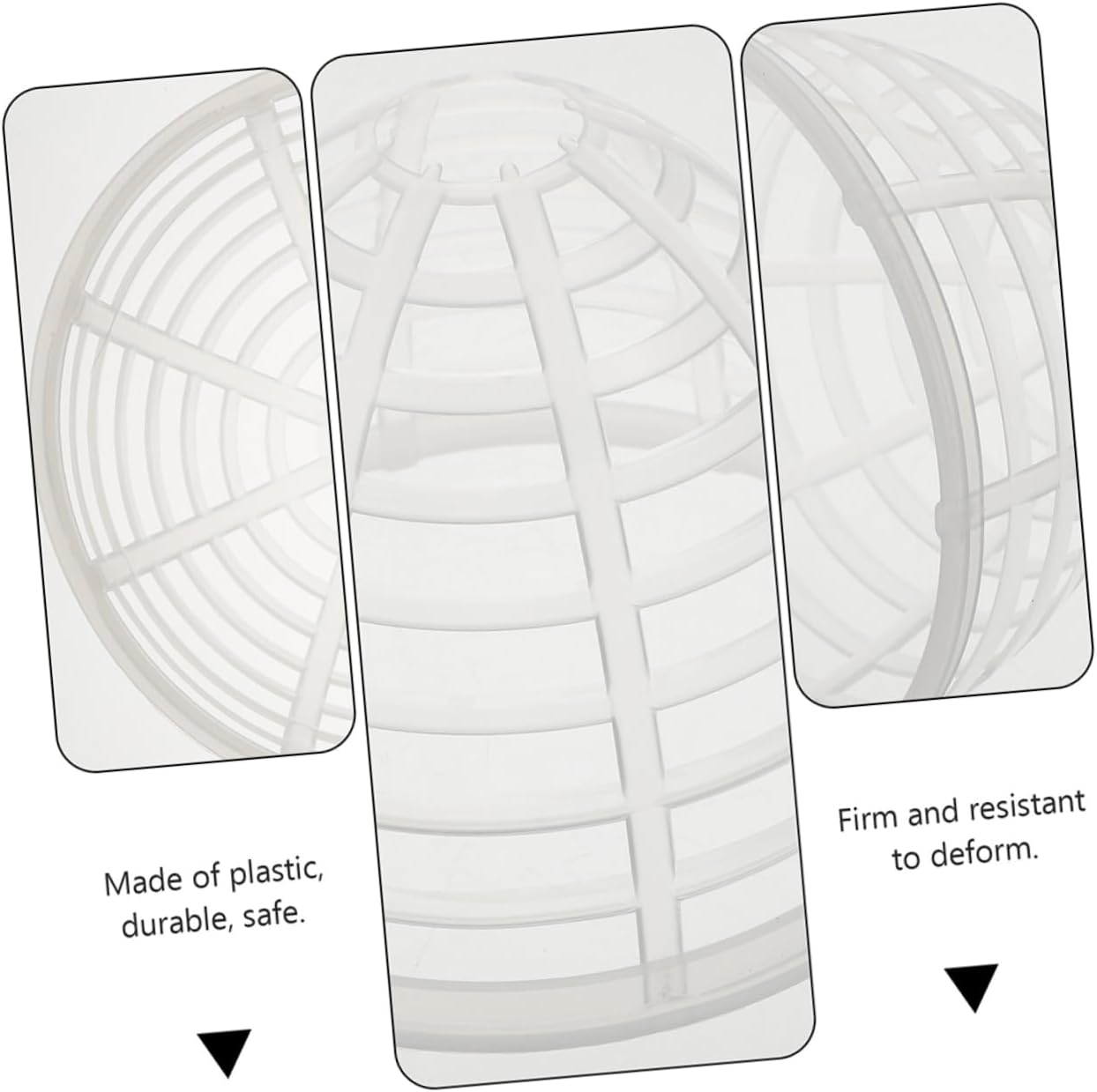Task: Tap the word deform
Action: [x=983, y=851]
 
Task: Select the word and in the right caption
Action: [x=937, y=813]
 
